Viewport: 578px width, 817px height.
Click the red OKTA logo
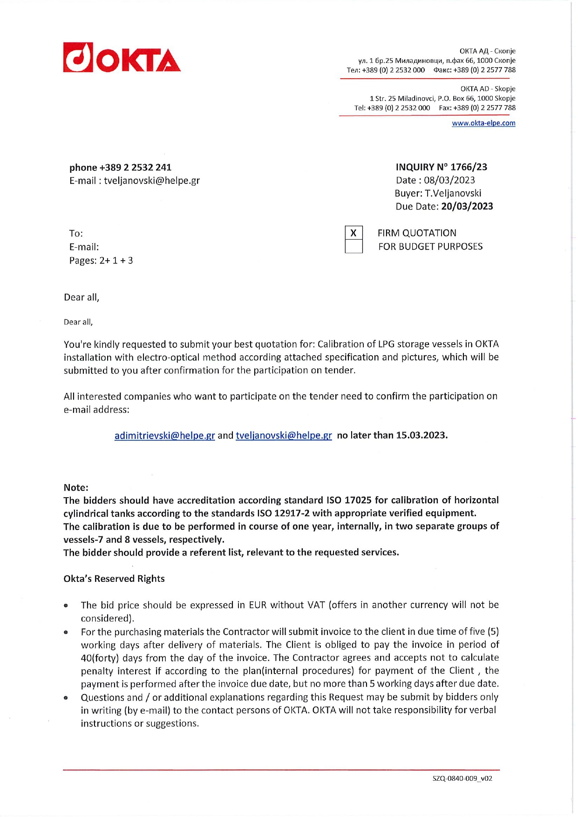(122, 58)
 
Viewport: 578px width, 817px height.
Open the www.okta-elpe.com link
(483, 123)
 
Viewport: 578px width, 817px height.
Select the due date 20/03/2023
(467, 206)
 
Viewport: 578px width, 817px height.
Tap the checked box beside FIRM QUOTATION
(354, 233)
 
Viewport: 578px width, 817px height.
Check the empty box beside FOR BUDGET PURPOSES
(354, 246)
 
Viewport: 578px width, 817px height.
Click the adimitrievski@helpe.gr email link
(164, 435)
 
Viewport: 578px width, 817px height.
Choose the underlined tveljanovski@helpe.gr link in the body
(284, 435)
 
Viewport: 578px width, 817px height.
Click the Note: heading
(76, 487)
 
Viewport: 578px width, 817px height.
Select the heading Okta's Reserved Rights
(114, 579)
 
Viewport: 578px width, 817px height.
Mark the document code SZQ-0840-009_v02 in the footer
(462, 778)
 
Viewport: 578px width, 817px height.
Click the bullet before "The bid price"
(67, 606)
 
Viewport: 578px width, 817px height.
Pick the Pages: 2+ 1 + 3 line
(101, 261)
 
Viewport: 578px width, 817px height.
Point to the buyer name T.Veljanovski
(453, 193)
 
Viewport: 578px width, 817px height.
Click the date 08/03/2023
(449, 180)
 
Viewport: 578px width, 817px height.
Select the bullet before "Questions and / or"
(67, 698)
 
